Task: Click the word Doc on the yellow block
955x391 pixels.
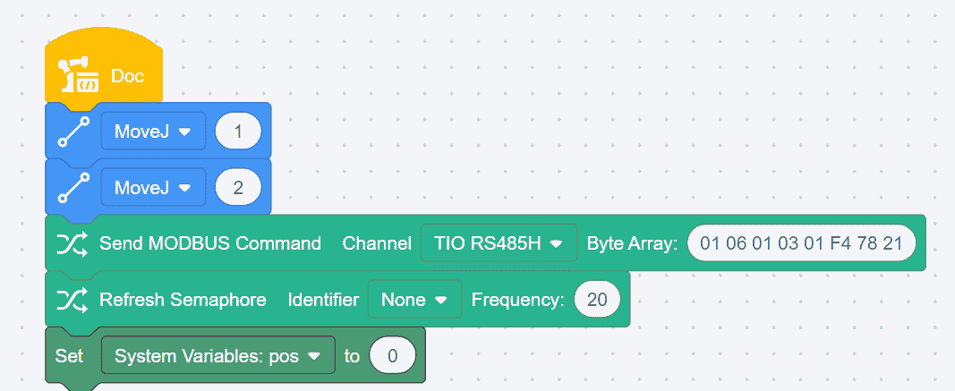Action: [127, 76]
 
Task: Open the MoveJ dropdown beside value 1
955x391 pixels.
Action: [153, 132]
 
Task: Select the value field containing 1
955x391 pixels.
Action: [237, 132]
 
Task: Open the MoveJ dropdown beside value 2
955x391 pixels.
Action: [153, 187]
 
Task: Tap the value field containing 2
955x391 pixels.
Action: [237, 187]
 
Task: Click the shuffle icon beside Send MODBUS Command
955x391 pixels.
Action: [72, 242]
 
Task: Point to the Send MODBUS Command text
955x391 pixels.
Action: [209, 242]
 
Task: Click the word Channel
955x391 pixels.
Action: [377, 242]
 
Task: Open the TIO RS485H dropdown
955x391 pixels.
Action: [498, 242]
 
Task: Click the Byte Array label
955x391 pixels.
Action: [632, 242]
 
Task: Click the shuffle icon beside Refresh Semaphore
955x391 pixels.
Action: [72, 300]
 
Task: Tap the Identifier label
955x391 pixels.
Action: [323, 300]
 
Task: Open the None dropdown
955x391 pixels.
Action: [414, 300]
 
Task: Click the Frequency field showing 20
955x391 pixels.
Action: [597, 300]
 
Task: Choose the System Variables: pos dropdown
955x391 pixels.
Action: [217, 355]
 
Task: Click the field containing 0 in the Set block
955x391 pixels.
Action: [392, 355]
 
